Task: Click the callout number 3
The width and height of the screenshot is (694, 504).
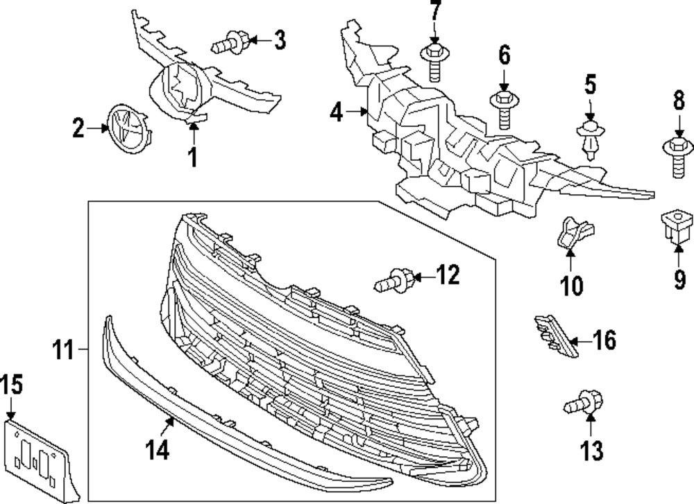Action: click(279, 41)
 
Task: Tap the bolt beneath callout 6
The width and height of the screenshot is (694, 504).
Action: click(503, 108)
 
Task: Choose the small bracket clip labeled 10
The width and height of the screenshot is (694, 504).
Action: click(573, 234)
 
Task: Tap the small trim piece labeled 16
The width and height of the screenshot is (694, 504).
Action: click(554, 334)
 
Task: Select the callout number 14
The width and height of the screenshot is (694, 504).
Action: click(158, 450)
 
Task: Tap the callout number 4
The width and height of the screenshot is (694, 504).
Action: click(337, 112)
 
